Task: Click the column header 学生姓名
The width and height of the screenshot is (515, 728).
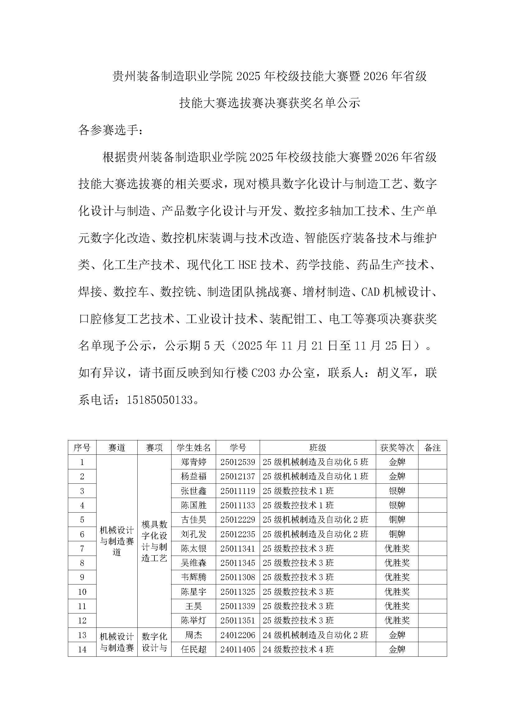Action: [x=193, y=447]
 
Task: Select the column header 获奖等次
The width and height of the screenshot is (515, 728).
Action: [x=397, y=447]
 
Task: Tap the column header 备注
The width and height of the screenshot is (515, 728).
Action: [x=432, y=447]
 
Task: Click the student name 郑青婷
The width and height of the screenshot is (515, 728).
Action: [x=193, y=462]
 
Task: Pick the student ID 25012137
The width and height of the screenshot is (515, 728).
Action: [x=238, y=476]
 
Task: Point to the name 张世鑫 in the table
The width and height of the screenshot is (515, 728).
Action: [x=193, y=491]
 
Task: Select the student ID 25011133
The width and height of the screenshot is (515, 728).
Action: [x=238, y=505]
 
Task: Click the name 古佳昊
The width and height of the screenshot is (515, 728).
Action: [x=193, y=519]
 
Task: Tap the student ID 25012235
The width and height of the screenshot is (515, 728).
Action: [x=238, y=534]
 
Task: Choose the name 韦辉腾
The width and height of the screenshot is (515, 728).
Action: [x=193, y=577]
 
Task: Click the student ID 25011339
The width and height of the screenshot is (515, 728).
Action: [x=238, y=606]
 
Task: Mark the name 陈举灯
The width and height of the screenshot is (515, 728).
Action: [x=193, y=620]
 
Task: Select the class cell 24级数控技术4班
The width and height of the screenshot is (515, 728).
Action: [x=298, y=649]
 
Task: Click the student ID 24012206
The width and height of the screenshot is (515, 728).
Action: [x=238, y=635]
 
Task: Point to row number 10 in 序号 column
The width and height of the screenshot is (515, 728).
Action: [x=82, y=592]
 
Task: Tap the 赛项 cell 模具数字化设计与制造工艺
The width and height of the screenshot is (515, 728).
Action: [x=154, y=541]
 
